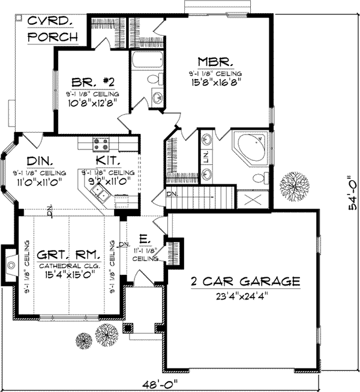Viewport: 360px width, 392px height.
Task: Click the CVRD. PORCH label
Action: coord(53,28)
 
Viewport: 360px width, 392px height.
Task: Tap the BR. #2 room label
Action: coord(90,82)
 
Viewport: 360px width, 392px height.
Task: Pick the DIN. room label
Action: coord(40,160)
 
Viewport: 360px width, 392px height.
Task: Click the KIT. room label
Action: coord(109,161)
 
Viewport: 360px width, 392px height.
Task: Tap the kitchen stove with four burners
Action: coord(101,144)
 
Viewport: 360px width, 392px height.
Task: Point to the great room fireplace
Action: coord(10,263)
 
